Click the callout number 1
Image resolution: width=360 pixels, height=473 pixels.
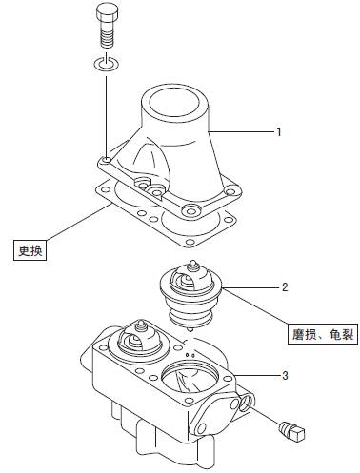(x=279, y=131)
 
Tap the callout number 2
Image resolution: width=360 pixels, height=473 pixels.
(x=285, y=287)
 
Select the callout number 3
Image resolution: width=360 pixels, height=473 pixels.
(x=285, y=375)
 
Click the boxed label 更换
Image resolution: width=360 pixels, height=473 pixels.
(x=30, y=250)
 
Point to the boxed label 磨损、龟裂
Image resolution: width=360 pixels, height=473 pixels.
(x=323, y=334)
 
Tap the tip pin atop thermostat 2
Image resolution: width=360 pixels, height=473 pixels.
(x=192, y=265)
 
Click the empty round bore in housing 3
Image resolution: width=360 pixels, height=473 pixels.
(x=190, y=378)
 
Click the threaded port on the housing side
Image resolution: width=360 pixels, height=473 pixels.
(x=248, y=402)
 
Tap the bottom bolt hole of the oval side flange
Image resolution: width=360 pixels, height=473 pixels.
(x=201, y=429)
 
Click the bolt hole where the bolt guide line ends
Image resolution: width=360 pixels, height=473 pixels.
(x=107, y=161)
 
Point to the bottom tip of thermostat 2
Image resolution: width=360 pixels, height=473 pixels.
(x=190, y=330)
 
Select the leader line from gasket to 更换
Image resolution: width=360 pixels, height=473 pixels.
(x=78, y=222)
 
